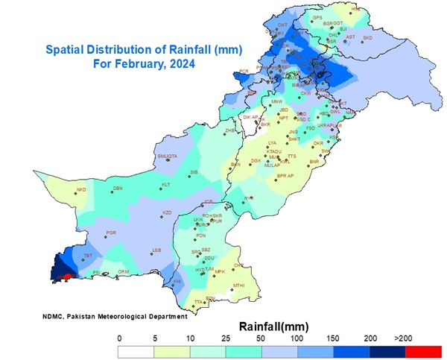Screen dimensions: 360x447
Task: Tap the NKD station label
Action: pyautogui.click(x=82, y=189)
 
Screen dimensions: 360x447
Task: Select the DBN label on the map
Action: pyautogui.click(x=118, y=188)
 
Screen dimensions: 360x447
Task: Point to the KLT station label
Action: pyautogui.click(x=166, y=184)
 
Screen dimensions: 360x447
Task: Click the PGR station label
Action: pyautogui.click(x=112, y=233)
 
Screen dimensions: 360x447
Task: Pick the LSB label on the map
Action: pyautogui.click(x=156, y=250)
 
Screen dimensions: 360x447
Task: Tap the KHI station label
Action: pyautogui.click(x=177, y=281)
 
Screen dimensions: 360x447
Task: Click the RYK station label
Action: pyautogui.click(x=249, y=198)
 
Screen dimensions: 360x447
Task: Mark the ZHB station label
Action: pyautogui.click(x=230, y=130)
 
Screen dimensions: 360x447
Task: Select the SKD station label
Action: pyautogui.click(x=367, y=37)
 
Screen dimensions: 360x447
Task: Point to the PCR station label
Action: pyautogui.click(x=243, y=72)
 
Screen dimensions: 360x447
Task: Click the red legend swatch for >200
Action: pyautogui.click(x=425, y=351)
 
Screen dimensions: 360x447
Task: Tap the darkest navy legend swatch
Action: pyautogui.click(x=388, y=351)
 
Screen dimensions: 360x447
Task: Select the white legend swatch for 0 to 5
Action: pyautogui.click(x=137, y=351)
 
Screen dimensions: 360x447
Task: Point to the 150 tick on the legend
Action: pyautogui.click(x=335, y=339)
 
